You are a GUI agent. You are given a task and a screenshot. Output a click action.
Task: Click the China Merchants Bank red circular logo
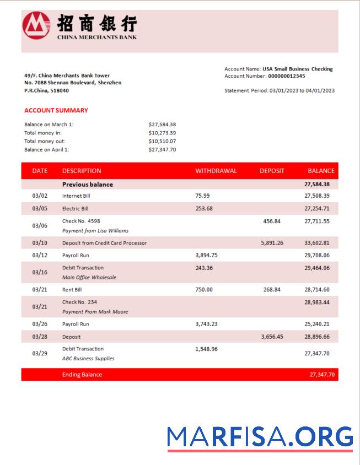point(36,25)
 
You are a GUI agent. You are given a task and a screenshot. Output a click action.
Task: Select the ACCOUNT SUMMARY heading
point(56,110)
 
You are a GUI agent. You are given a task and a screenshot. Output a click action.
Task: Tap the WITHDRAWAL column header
point(216,171)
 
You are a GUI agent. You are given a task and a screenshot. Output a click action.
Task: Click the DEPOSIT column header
point(272,171)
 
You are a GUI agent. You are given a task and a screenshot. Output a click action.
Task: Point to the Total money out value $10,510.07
point(162,141)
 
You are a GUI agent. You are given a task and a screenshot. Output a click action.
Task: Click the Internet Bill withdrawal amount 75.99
point(202,196)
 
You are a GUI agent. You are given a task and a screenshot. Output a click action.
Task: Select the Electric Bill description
point(75,209)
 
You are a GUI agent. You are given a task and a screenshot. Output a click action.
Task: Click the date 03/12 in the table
point(40,256)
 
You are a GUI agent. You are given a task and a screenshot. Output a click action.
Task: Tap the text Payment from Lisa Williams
point(95,231)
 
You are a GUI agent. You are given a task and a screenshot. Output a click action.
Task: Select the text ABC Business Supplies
point(88,359)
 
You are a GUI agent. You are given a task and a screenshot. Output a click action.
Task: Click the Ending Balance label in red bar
point(82,375)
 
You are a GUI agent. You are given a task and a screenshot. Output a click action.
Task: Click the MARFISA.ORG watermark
point(260,437)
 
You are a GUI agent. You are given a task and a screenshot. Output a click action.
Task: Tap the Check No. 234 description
point(79,302)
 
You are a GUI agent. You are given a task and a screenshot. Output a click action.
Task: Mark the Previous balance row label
point(87,185)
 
